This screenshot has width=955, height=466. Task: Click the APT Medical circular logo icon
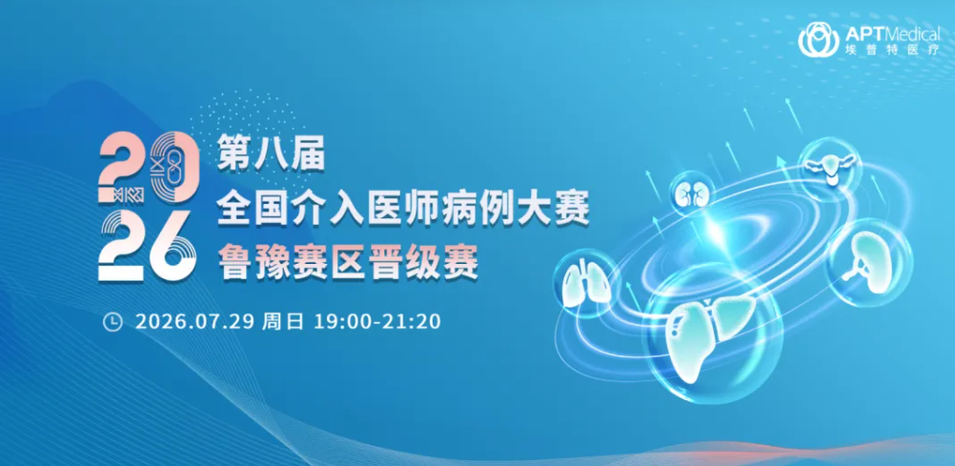pyautogui.click(x=818, y=40)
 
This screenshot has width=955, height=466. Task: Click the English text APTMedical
pyautogui.click(x=892, y=33)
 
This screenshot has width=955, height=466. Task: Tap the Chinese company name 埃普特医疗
pyautogui.click(x=892, y=51)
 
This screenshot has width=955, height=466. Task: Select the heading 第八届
pyautogui.click(x=271, y=154)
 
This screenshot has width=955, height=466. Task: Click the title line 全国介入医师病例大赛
pyautogui.click(x=403, y=209)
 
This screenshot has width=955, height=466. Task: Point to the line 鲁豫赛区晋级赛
pyautogui.click(x=347, y=263)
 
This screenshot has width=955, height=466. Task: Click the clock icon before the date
pyautogui.click(x=112, y=321)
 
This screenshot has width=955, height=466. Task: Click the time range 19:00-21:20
pyautogui.click(x=377, y=321)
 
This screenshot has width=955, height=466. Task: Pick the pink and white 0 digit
pyautogui.click(x=174, y=167)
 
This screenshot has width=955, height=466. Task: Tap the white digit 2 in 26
pyautogui.click(x=121, y=246)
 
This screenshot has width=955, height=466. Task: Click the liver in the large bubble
pyautogui.click(x=713, y=335)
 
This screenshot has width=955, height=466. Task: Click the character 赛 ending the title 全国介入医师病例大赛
pyautogui.click(x=574, y=209)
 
